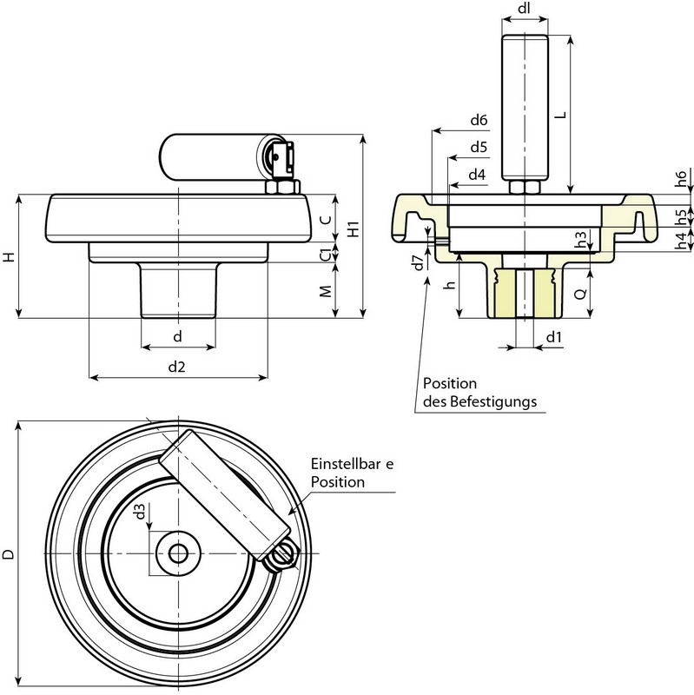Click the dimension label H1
353,229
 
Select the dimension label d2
176,367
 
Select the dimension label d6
479,119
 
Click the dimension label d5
479,147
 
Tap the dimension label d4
477,175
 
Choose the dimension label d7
419,262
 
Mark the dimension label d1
554,336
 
